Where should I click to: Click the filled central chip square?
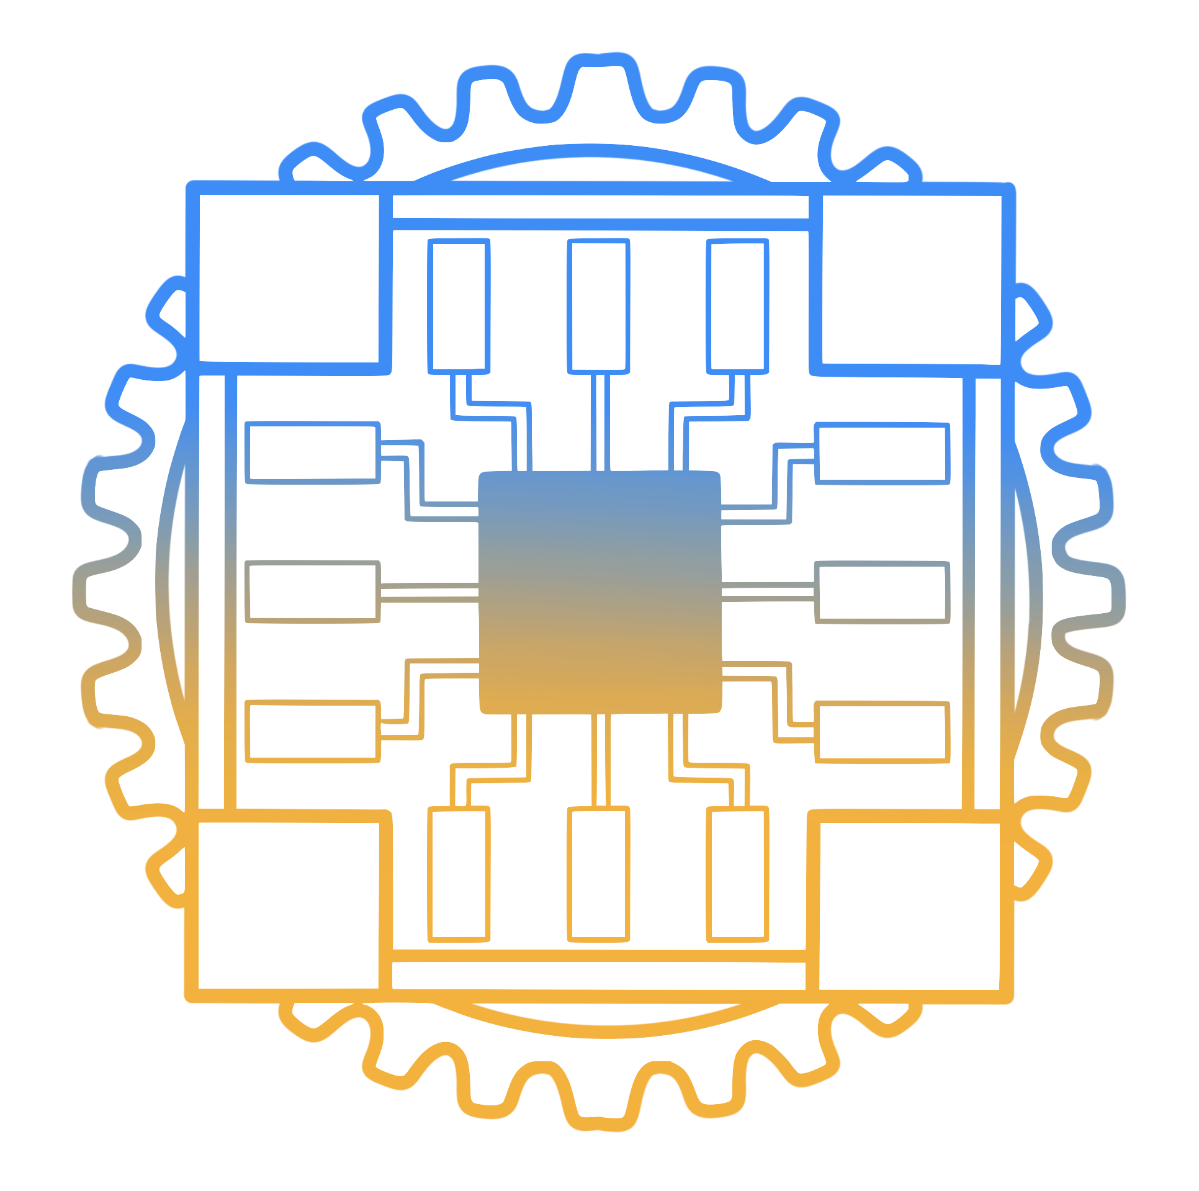point(599,593)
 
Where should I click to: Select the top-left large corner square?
point(289,278)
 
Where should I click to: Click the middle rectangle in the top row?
point(598,306)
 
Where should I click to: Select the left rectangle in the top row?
point(459,306)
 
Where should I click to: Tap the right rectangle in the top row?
point(737,306)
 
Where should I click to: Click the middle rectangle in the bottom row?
point(598,874)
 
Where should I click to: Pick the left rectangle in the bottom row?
point(459,874)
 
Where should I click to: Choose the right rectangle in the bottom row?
point(737,874)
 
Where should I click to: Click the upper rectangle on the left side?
point(312,452)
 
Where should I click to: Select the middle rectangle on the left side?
point(312,591)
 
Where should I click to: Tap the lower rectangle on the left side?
point(312,731)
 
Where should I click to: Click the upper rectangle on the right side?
point(882,454)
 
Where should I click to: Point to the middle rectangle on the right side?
point(882,592)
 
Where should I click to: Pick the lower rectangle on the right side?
point(882,732)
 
